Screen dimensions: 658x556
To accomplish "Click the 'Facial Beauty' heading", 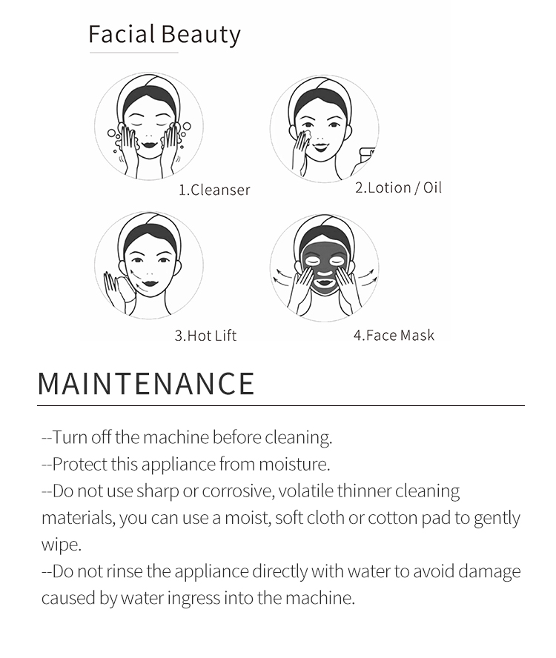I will pos(164,34).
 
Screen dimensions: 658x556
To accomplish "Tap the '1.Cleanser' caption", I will pos(214,190).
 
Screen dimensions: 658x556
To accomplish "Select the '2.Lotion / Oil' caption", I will pos(398,187).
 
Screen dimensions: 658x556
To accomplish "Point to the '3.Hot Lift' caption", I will pos(205,335).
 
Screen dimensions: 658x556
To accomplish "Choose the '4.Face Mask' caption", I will pos(394,335).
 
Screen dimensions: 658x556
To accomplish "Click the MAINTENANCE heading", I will pos(146,383).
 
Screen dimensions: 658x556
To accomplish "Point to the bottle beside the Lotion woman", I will pos(368,156).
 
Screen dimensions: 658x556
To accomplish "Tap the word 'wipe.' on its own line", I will pos(61,545).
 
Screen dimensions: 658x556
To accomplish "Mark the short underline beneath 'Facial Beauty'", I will pos(133,53).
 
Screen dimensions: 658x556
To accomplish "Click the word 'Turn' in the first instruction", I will pos(70,437).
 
